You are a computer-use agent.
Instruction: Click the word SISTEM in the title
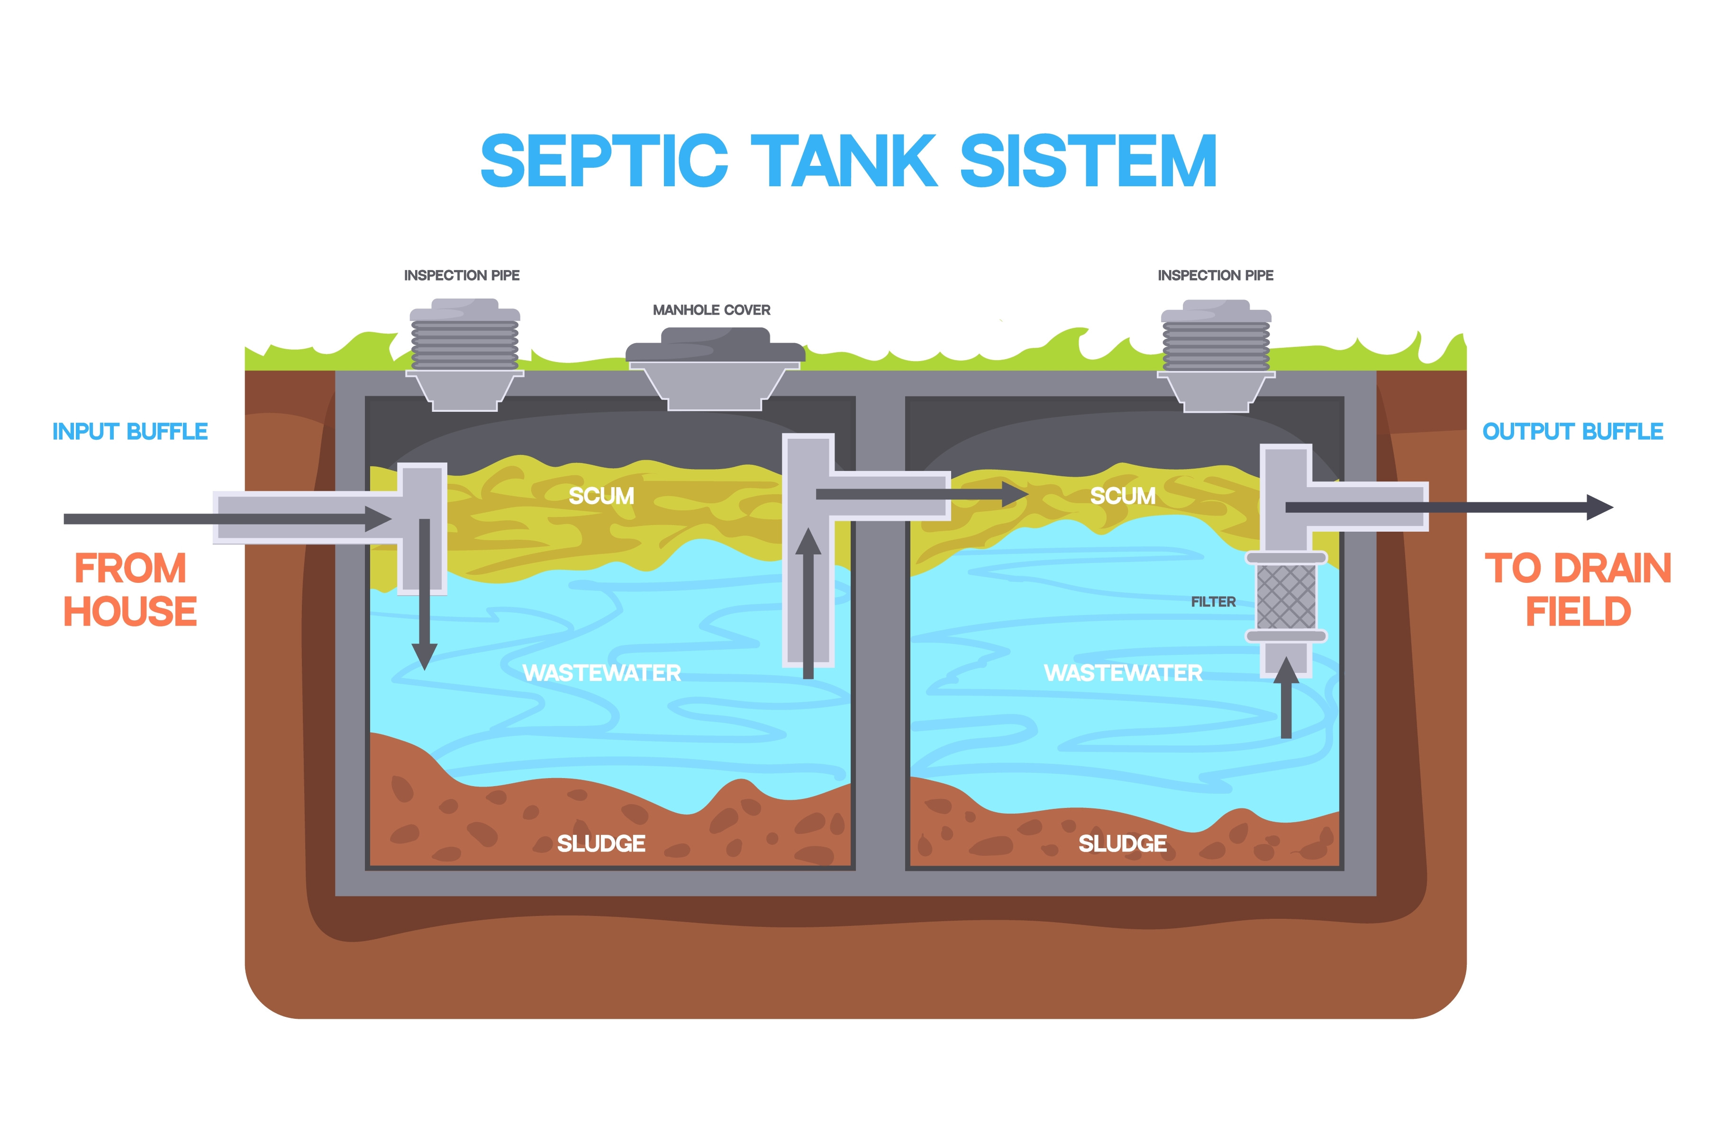[1089, 161]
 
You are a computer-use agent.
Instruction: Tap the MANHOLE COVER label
[711, 310]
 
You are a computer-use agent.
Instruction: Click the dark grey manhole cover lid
[715, 345]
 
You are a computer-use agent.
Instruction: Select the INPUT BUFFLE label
[130, 431]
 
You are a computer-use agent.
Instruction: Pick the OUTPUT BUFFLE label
[1573, 431]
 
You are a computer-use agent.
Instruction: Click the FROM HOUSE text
[130, 590]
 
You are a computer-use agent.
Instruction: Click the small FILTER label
[1213, 602]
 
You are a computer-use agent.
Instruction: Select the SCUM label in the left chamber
[601, 496]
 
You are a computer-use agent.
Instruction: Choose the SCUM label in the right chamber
[1123, 496]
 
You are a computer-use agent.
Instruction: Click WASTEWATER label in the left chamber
[601, 673]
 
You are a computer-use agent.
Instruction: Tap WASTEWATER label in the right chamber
[1123, 673]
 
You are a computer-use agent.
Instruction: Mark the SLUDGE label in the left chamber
[601, 843]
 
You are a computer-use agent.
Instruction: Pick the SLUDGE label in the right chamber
[1123, 843]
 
